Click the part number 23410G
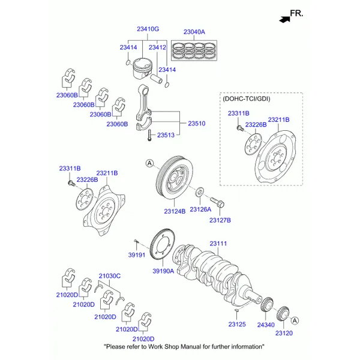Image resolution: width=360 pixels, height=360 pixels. (x=148, y=29)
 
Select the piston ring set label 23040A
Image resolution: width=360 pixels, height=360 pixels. (x=194, y=32)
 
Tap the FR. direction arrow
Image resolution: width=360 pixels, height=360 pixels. (x=284, y=19)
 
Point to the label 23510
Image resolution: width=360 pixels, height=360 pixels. (x=197, y=124)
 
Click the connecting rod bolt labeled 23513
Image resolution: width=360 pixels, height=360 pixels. (x=149, y=135)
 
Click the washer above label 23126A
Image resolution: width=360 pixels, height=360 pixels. (x=199, y=192)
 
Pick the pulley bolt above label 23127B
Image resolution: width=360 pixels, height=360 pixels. (x=217, y=202)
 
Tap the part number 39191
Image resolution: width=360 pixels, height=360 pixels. (x=137, y=255)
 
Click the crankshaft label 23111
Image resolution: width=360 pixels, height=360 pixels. (x=218, y=244)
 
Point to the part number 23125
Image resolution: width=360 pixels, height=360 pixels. (x=237, y=324)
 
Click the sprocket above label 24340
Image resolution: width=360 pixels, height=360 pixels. (x=267, y=304)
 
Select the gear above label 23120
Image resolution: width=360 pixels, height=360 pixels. (x=283, y=314)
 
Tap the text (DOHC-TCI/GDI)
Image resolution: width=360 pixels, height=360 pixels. (x=247, y=99)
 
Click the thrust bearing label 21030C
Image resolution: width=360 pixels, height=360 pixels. (x=110, y=276)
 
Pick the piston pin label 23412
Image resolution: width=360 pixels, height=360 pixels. (x=157, y=47)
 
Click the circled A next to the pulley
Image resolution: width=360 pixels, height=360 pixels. (x=149, y=163)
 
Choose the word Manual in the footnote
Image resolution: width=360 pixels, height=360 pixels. (x=191, y=346)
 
